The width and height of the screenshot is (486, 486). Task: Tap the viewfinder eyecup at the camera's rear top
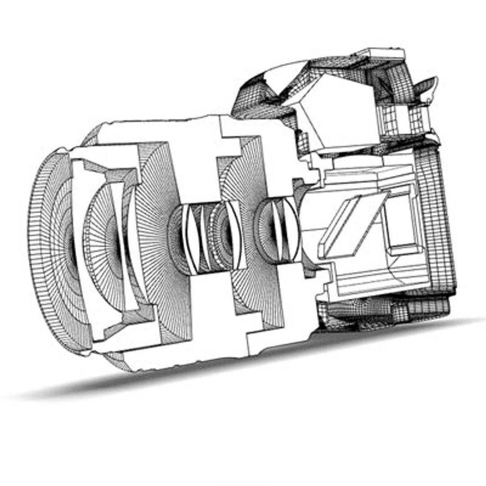(425, 88)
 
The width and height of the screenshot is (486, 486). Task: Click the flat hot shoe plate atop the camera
(385, 55)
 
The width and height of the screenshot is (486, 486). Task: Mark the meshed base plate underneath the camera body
(382, 310)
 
